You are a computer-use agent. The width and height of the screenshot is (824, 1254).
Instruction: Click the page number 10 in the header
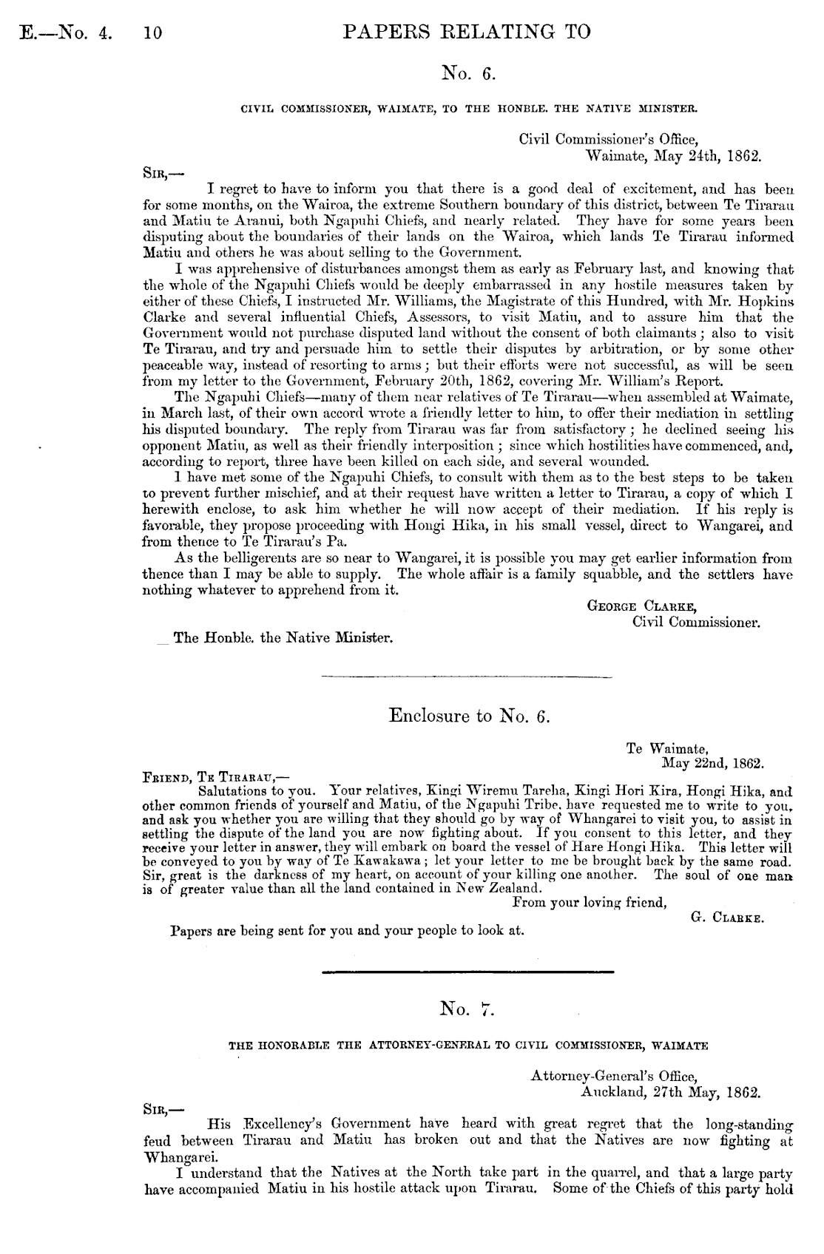(x=153, y=33)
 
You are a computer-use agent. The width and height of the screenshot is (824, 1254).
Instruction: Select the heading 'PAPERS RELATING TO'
(x=467, y=31)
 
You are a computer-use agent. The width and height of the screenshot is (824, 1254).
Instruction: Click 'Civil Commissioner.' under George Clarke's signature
(x=697, y=622)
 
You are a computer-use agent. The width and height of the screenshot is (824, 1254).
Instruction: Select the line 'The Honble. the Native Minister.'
(x=283, y=637)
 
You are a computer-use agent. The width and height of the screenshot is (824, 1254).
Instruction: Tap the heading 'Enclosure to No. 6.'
(x=470, y=716)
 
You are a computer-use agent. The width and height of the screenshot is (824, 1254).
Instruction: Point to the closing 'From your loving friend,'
(x=590, y=902)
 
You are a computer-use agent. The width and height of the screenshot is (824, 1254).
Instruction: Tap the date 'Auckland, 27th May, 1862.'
(x=672, y=1091)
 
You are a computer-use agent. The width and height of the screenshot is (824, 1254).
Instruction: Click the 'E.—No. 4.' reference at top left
(x=63, y=33)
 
